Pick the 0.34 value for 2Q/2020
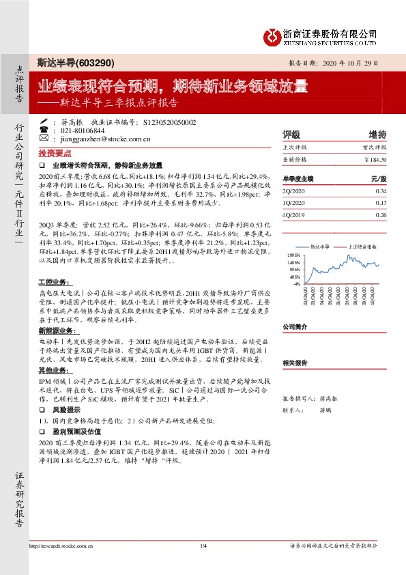[381, 191]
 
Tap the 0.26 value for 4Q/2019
[381, 214]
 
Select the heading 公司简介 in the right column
[295, 326]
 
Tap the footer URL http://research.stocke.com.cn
[62, 546]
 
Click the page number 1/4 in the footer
[203, 546]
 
